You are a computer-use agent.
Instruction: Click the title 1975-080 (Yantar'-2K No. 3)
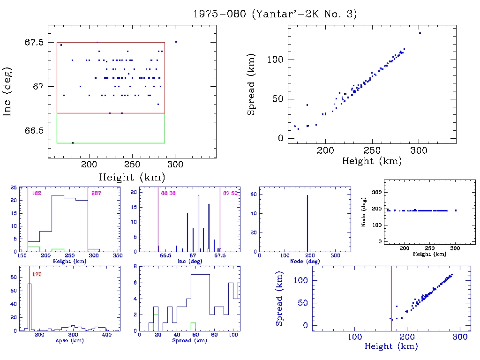coord(275,14)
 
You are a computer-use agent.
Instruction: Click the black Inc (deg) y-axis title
coord(8,92)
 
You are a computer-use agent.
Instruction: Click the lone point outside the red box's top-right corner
coord(176,42)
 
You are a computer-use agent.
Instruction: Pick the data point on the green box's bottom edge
coord(73,142)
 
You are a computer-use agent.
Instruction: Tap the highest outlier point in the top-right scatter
coord(420,33)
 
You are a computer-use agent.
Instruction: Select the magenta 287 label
coord(96,193)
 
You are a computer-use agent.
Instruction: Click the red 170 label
coord(37,274)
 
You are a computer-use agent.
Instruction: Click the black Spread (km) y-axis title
coord(252,92)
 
